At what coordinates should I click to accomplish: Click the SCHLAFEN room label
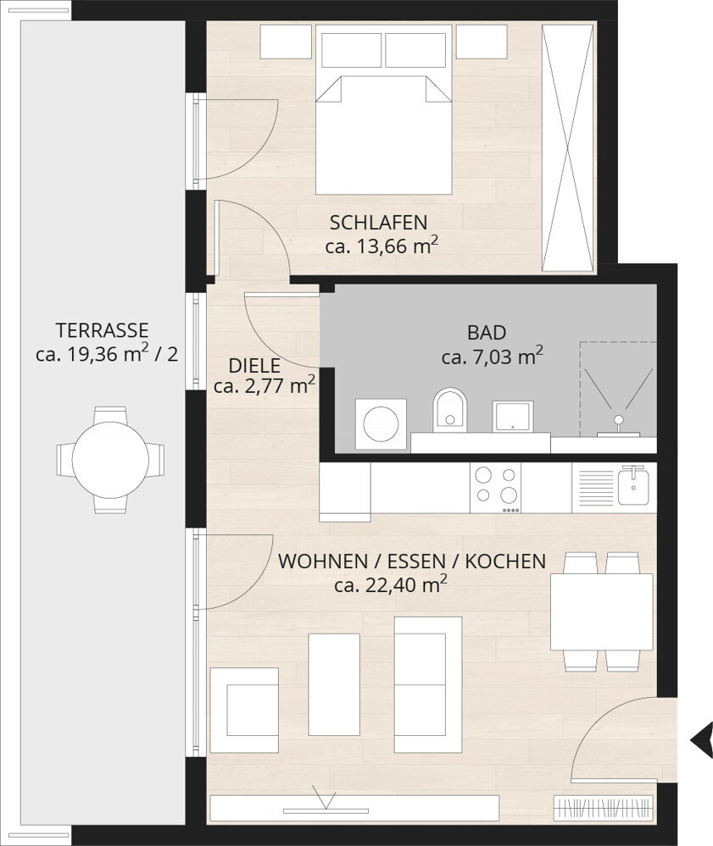pos(378,224)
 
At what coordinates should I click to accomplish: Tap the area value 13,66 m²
pos(382,246)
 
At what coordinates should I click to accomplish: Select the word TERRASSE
pos(102,329)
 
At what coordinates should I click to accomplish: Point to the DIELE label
pos(254,367)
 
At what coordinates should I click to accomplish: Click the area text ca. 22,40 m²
pos(391,584)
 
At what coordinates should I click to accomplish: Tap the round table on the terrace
pos(110,460)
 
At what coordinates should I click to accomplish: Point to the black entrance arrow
pos(701,739)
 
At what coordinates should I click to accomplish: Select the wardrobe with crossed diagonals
pos(568,148)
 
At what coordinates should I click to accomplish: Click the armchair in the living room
pos(245,710)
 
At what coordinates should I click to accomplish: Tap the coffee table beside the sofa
pos(333,684)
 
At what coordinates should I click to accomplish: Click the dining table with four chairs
pos(601,611)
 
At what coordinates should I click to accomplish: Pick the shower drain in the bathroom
pos(619,420)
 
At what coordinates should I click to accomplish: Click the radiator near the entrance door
pos(604,808)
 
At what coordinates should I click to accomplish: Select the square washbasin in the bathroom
pos(513,416)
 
